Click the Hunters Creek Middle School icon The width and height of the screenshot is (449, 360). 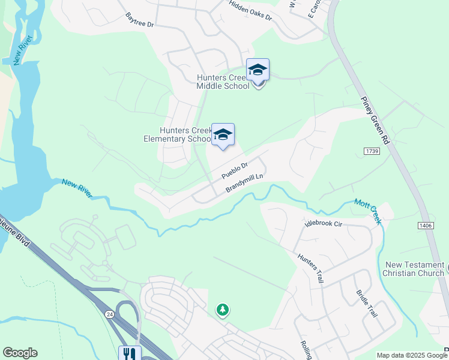[258, 71]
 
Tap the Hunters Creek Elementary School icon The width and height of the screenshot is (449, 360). [223, 136]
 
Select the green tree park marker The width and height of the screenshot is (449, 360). [223, 310]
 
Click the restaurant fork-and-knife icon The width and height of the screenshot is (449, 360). [130, 353]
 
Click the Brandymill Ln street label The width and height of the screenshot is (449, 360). [245, 183]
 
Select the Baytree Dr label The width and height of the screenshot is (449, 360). [140, 21]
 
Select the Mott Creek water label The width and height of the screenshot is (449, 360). [367, 211]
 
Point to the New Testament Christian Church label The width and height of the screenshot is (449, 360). [414, 269]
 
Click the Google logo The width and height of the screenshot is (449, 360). [20, 353]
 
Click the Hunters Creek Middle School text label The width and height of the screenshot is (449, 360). [223, 82]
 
